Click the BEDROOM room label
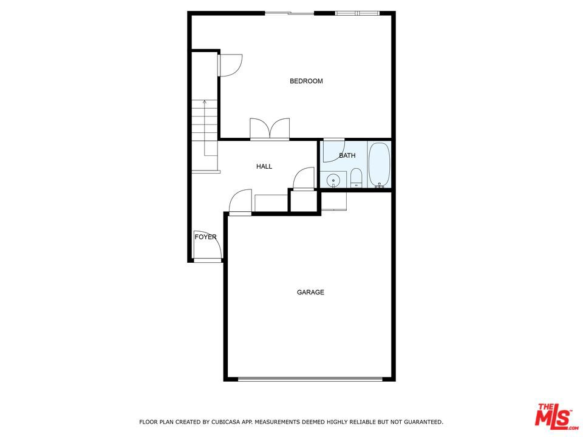[306, 81]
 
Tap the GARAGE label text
[310, 293]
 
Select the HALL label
[264, 166]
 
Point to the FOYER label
[206, 237]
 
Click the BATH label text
[347, 155]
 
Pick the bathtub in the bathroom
[379, 164]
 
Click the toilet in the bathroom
[356, 178]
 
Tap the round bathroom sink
[333, 181]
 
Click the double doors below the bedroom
[270, 129]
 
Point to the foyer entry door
[208, 246]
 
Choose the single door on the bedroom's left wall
[230, 66]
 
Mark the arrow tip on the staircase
[205, 100]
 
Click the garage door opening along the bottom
[310, 379]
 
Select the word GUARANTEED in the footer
[423, 422]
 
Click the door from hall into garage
[240, 203]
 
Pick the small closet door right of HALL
[304, 179]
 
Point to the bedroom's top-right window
[358, 13]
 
